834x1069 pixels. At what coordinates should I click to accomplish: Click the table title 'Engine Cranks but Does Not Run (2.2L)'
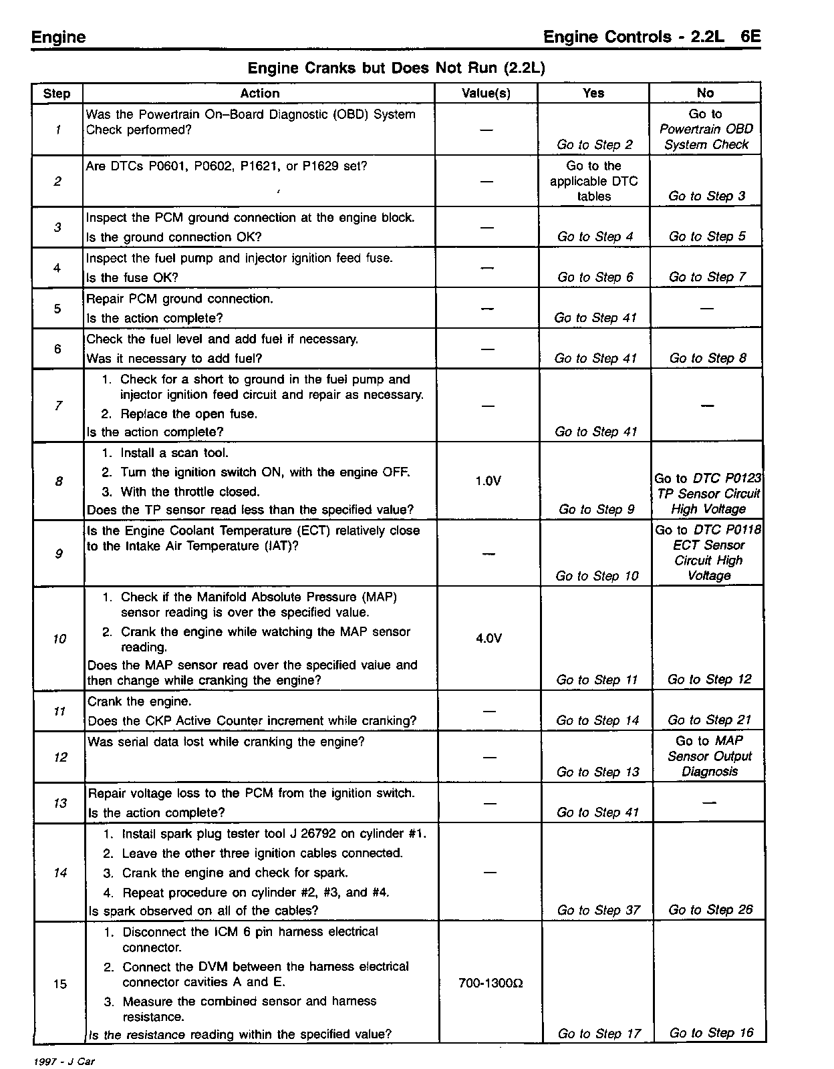tap(397, 68)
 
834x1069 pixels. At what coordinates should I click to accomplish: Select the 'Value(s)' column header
tap(486, 94)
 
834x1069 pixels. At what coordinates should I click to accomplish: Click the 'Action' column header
tap(259, 94)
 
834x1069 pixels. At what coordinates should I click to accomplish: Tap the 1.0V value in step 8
tap(488, 481)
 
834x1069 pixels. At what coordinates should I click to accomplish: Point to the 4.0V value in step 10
tap(489, 639)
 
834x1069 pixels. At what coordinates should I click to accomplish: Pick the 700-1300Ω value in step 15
tap(491, 983)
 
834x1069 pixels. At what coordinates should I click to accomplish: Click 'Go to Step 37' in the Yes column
tap(598, 910)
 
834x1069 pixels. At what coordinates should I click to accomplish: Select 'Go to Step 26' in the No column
tap(710, 909)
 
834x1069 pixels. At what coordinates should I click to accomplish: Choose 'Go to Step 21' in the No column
tap(709, 720)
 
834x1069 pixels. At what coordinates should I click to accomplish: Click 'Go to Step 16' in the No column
tap(711, 1033)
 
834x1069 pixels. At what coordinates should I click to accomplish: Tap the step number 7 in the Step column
tap(58, 406)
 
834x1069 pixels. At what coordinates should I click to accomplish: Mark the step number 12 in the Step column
tap(60, 757)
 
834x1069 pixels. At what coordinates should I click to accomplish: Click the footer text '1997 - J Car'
tap(63, 1062)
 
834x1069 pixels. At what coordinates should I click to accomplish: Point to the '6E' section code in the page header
tap(750, 37)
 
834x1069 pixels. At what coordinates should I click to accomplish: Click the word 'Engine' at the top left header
tap(59, 37)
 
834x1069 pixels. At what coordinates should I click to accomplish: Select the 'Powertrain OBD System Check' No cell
tap(706, 130)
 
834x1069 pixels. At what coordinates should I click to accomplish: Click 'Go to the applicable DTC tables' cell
tap(593, 181)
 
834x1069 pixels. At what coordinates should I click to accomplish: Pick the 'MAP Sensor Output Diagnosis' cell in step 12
tap(709, 756)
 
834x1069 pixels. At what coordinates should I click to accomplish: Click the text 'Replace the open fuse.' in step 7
tap(188, 414)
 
